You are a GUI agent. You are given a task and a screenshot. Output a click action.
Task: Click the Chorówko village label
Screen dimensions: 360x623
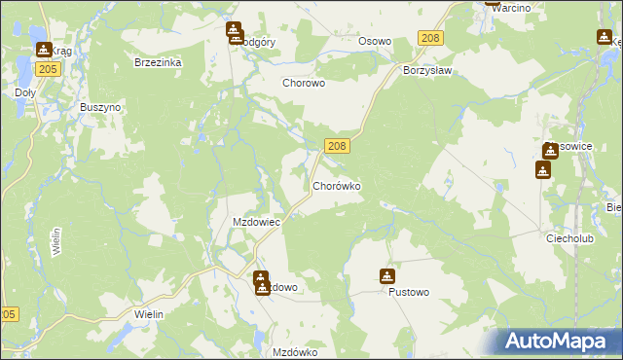click(x=337, y=184)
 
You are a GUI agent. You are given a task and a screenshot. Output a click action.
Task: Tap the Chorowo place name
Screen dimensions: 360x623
click(x=303, y=84)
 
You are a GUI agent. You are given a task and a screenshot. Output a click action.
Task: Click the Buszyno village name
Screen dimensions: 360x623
click(x=99, y=106)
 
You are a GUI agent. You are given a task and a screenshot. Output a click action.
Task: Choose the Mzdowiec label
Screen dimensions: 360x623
click(x=256, y=222)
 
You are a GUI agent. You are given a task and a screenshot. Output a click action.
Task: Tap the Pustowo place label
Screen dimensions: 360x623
click(x=408, y=292)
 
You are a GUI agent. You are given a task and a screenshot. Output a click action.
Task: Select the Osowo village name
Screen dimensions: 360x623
click(x=375, y=41)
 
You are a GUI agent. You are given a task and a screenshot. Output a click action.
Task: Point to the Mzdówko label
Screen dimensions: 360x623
click(x=296, y=352)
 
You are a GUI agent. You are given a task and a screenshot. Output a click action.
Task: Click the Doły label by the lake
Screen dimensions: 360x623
click(x=25, y=93)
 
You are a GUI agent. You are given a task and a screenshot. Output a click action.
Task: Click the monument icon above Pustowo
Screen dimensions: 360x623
click(x=387, y=276)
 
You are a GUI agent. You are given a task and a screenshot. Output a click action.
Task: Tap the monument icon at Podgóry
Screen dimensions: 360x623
click(x=234, y=32)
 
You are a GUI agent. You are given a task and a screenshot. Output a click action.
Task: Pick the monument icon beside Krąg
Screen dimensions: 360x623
click(x=43, y=49)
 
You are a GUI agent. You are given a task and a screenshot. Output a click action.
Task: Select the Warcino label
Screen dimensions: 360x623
click(x=510, y=8)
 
